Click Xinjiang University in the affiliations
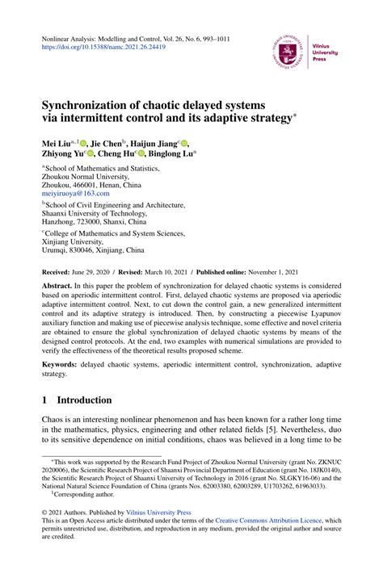78,251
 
